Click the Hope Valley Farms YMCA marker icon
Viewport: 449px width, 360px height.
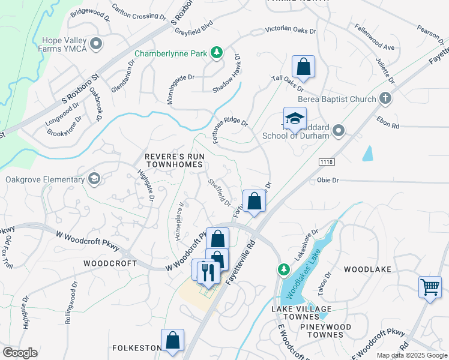click(96, 43)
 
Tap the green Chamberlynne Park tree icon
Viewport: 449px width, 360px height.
click(217, 53)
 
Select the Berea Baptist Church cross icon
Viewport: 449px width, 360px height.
click(384, 98)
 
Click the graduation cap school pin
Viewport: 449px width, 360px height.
click(295, 119)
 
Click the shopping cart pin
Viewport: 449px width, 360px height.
click(430, 287)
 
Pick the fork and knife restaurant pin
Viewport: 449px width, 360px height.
click(208, 272)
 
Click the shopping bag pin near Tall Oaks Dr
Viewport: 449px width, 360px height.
click(303, 67)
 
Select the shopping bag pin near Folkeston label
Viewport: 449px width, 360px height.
click(172, 340)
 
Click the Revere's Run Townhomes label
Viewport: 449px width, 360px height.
click(175, 160)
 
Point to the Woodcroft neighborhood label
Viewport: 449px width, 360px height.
click(107, 263)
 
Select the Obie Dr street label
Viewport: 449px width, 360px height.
click(328, 179)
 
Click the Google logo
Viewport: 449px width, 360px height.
click(20, 353)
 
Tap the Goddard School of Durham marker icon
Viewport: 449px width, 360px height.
click(339, 130)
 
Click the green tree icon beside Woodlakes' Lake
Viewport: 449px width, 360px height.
click(283, 269)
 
